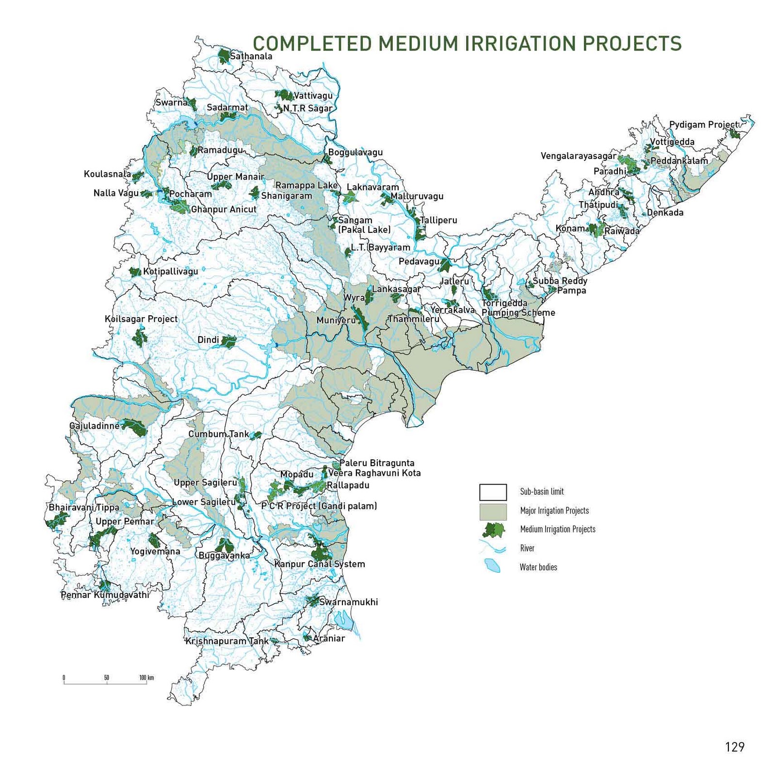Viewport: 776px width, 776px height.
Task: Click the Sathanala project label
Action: [x=251, y=56]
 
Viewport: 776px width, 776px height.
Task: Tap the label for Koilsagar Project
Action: [x=141, y=319]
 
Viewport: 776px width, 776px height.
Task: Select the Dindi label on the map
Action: [x=208, y=340]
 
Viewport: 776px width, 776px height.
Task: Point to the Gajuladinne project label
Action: [x=94, y=426]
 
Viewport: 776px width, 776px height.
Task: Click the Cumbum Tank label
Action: [x=218, y=434]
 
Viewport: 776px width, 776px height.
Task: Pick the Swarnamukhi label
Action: [x=348, y=602]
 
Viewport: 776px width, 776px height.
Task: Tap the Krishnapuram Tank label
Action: [x=226, y=641]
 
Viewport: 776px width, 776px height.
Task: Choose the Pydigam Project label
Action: [x=704, y=125]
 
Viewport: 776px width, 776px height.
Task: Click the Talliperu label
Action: [x=438, y=220]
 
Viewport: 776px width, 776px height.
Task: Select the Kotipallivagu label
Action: [x=170, y=272]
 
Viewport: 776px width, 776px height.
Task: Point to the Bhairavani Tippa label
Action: [x=84, y=507]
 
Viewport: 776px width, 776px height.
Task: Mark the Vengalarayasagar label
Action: [x=578, y=156]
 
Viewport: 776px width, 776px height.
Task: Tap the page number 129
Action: [x=734, y=747]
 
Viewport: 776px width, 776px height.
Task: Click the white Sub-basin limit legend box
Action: [x=493, y=492]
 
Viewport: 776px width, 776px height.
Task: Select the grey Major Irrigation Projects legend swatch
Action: [x=493, y=511]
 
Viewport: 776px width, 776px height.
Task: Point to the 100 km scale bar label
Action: [x=146, y=678]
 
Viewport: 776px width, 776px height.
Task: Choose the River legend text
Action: [x=527, y=549]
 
